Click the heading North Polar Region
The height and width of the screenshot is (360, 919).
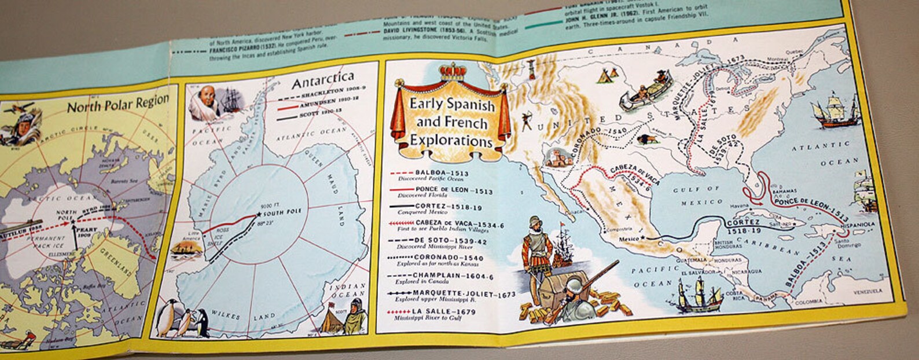coord(118,105)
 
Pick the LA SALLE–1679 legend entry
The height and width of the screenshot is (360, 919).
coord(442,312)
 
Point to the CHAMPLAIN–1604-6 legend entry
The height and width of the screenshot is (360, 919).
coord(451,275)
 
